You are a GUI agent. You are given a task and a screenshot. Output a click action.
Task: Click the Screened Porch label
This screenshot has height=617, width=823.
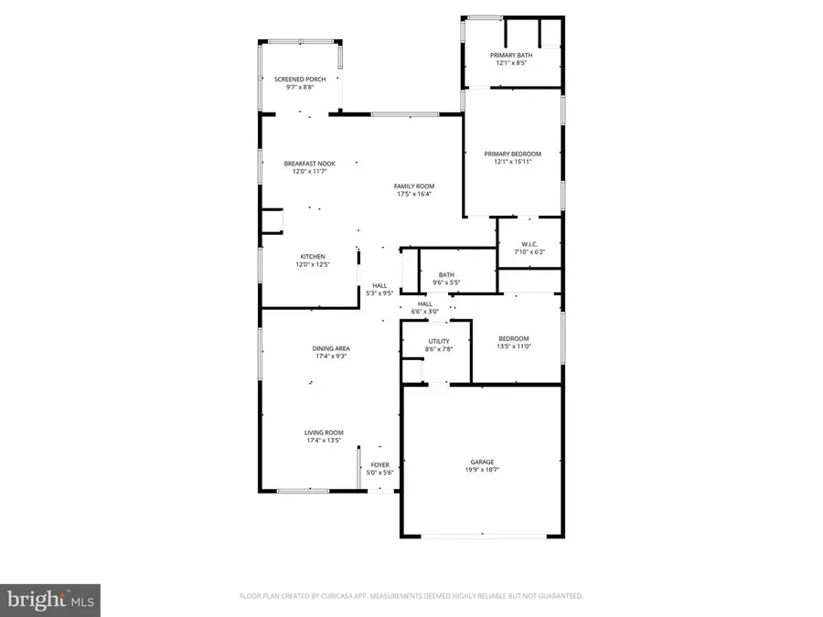(x=300, y=80)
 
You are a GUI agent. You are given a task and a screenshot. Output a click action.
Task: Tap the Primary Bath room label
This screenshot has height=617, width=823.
(x=513, y=56)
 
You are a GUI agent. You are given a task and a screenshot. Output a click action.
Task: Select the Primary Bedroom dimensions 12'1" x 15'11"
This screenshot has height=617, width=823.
(x=513, y=162)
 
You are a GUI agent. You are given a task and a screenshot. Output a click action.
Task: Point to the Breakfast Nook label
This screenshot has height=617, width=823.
(x=310, y=164)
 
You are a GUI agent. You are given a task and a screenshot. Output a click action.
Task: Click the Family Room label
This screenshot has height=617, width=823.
(x=414, y=186)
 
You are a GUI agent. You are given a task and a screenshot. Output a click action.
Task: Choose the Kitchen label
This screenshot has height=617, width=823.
(x=312, y=257)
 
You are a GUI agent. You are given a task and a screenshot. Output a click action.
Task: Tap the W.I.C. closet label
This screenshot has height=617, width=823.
(x=528, y=243)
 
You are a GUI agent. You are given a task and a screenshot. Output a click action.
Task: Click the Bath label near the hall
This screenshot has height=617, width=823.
(x=446, y=274)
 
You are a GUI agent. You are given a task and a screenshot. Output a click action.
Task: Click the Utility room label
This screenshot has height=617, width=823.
(x=439, y=341)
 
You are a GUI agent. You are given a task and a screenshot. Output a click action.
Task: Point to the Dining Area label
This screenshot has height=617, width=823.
(x=330, y=348)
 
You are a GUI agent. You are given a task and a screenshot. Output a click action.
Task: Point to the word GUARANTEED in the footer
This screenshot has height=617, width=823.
(x=559, y=596)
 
